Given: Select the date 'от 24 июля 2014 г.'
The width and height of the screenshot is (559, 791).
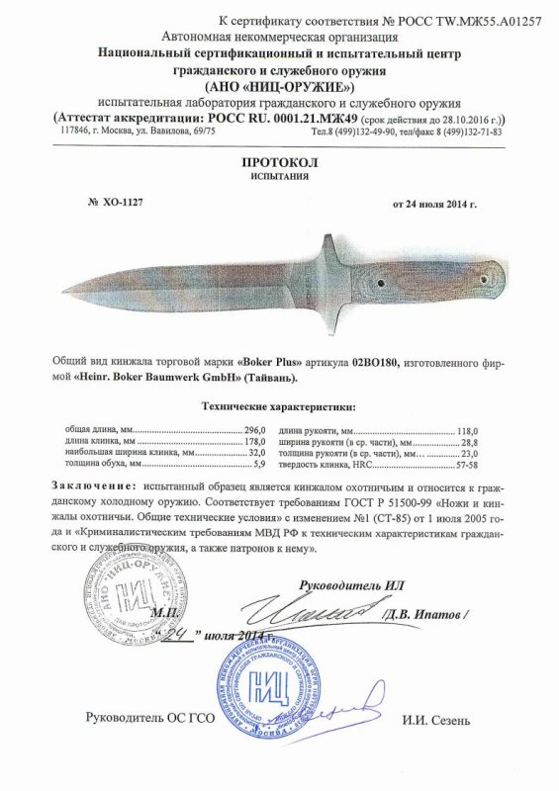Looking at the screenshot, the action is (435, 204).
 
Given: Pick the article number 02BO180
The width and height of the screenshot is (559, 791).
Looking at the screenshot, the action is (372, 364).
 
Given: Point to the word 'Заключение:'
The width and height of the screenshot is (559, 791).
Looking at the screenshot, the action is (91, 488).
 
